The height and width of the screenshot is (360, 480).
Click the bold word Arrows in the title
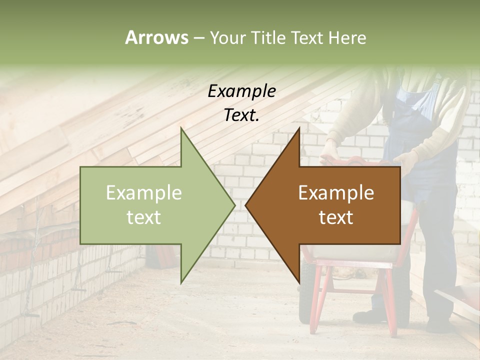tap(156, 38)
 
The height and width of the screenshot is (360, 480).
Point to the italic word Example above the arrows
tap(241, 91)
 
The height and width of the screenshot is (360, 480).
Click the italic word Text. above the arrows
tap(241, 115)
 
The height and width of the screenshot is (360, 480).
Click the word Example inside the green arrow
tap(144, 193)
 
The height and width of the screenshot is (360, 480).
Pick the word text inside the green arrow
tap(144, 217)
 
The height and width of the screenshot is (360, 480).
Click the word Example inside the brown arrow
tap(336, 193)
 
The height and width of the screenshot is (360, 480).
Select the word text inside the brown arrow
tap(336, 217)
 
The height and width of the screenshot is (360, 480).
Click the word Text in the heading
tap(309, 38)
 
